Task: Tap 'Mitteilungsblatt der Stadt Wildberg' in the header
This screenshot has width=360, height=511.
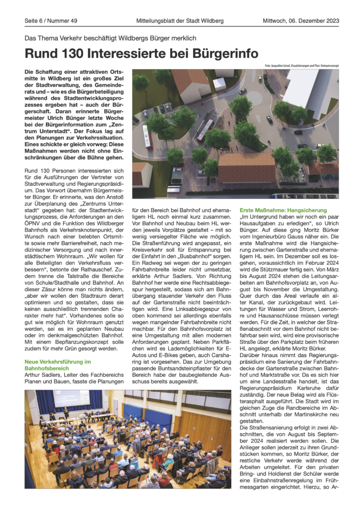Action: click(x=180, y=20)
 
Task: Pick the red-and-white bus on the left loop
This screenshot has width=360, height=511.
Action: click(x=147, y=136)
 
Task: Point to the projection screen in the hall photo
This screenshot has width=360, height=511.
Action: click(x=71, y=398)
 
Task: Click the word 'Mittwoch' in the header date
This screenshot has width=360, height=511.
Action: click(x=276, y=20)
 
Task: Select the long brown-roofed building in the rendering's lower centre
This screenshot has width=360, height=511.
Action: click(x=247, y=167)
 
